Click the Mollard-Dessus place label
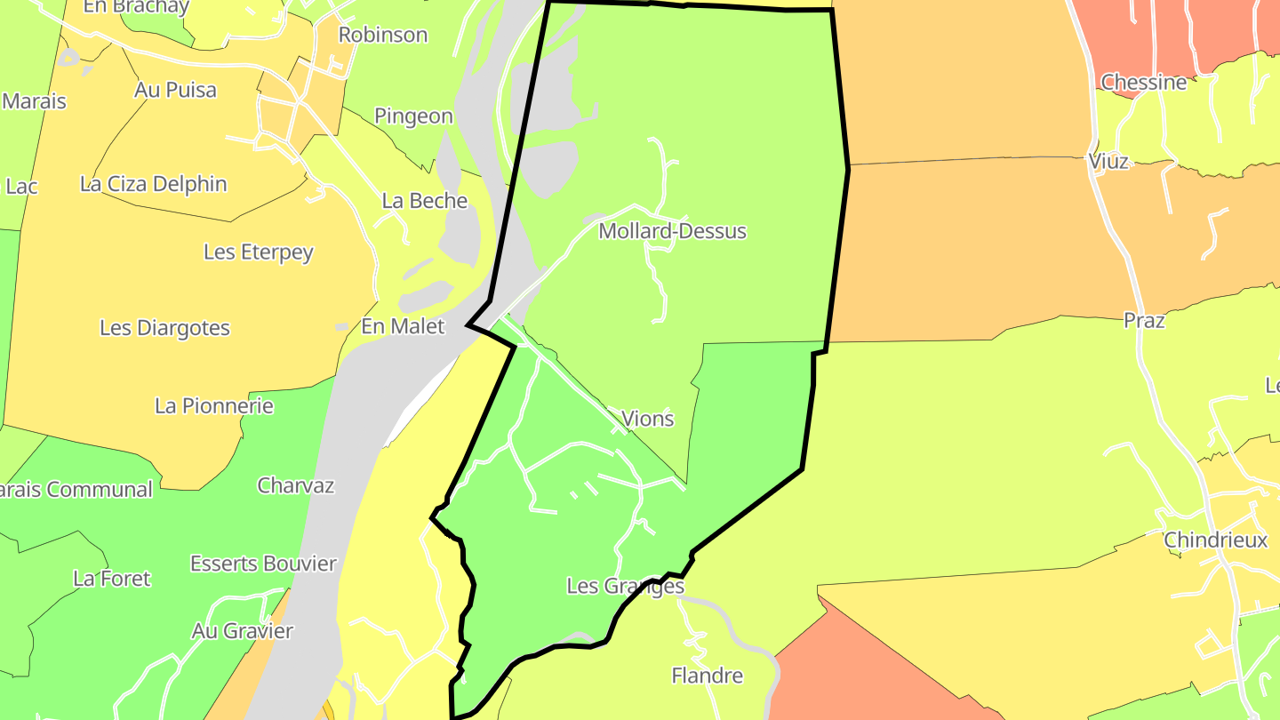click(672, 231)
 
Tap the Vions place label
click(647, 419)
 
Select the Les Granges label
click(625, 587)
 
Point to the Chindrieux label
click(1215, 540)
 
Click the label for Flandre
click(707, 676)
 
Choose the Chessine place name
click(1143, 83)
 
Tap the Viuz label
click(1108, 162)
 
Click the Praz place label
click(1143, 321)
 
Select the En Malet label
click(403, 326)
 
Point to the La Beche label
click(424, 201)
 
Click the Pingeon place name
click(413, 116)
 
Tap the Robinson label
click(383, 35)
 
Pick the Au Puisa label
click(175, 90)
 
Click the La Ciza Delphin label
click(153, 184)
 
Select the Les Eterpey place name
click(258, 252)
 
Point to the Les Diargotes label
click(164, 328)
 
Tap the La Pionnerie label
click(213, 406)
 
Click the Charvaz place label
click(295, 485)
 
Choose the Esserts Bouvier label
click(263, 564)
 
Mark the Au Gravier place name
click(242, 631)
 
